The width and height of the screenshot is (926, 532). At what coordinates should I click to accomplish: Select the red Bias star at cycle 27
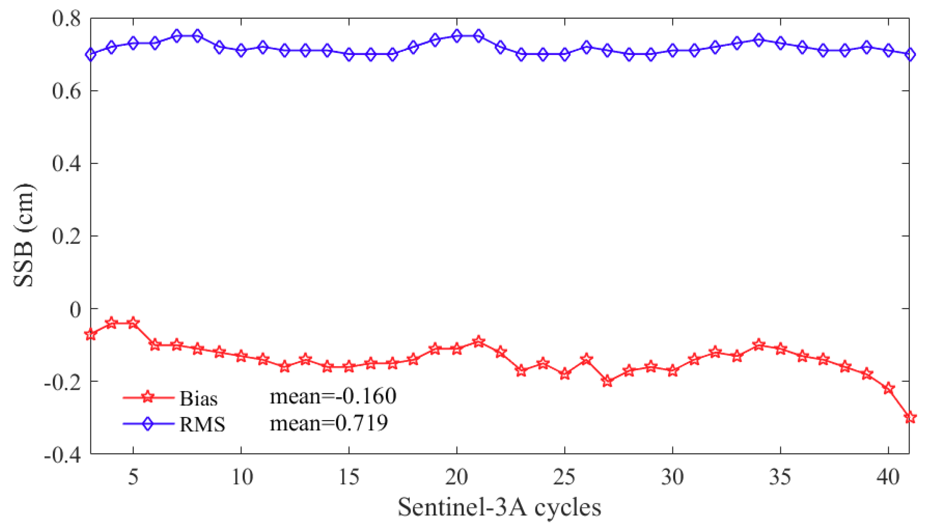point(607,381)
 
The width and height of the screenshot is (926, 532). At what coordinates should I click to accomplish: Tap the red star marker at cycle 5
point(133,323)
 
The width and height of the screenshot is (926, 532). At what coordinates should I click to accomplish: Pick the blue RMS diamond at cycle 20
point(457,36)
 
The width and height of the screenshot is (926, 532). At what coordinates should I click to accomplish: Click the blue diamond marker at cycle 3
point(91,54)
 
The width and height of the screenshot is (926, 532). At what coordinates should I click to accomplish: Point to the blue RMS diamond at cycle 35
point(780,43)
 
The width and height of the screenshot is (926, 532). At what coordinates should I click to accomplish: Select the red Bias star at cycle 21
point(479,342)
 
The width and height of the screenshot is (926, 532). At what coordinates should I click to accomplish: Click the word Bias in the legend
point(199,399)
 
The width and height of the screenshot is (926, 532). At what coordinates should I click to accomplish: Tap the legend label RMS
point(202,424)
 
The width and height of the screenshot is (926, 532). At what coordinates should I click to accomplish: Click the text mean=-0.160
point(333,396)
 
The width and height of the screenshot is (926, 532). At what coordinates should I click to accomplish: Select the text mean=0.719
point(328,423)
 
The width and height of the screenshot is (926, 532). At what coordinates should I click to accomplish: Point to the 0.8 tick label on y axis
point(66,19)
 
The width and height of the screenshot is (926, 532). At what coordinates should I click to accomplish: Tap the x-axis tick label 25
point(564,477)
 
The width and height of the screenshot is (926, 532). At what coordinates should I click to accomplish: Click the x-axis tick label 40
point(888,477)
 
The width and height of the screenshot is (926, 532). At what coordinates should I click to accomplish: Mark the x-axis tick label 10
point(242,477)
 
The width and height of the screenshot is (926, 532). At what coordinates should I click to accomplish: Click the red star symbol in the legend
point(148,397)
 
